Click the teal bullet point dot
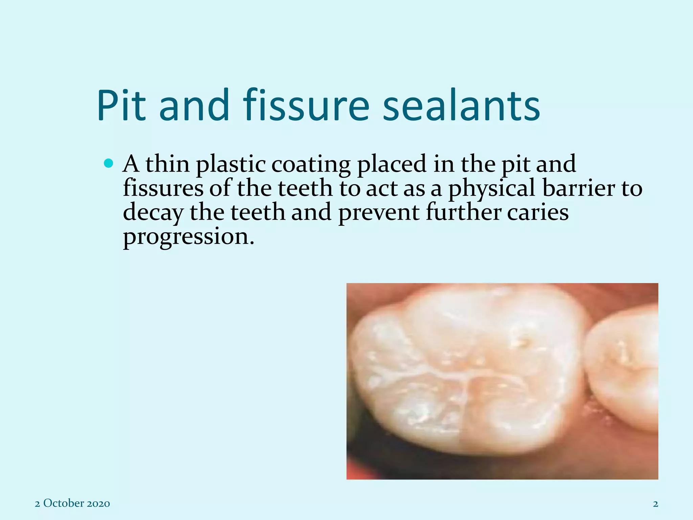(109, 164)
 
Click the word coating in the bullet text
(311, 165)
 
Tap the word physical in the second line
(492, 189)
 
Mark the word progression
(188, 237)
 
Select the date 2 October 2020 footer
(72, 503)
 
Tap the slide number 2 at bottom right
(655, 504)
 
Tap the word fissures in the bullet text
(163, 188)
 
